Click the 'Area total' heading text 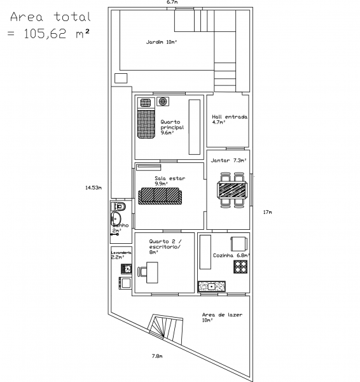(52, 17)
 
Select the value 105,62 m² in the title (56, 34)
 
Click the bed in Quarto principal (147, 123)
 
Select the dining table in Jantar (230, 190)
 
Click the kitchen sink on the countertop (212, 287)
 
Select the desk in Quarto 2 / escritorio (152, 273)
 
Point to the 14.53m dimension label (93, 188)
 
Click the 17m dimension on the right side (267, 211)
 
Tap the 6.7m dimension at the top (172, 3)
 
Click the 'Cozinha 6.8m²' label (231, 255)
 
